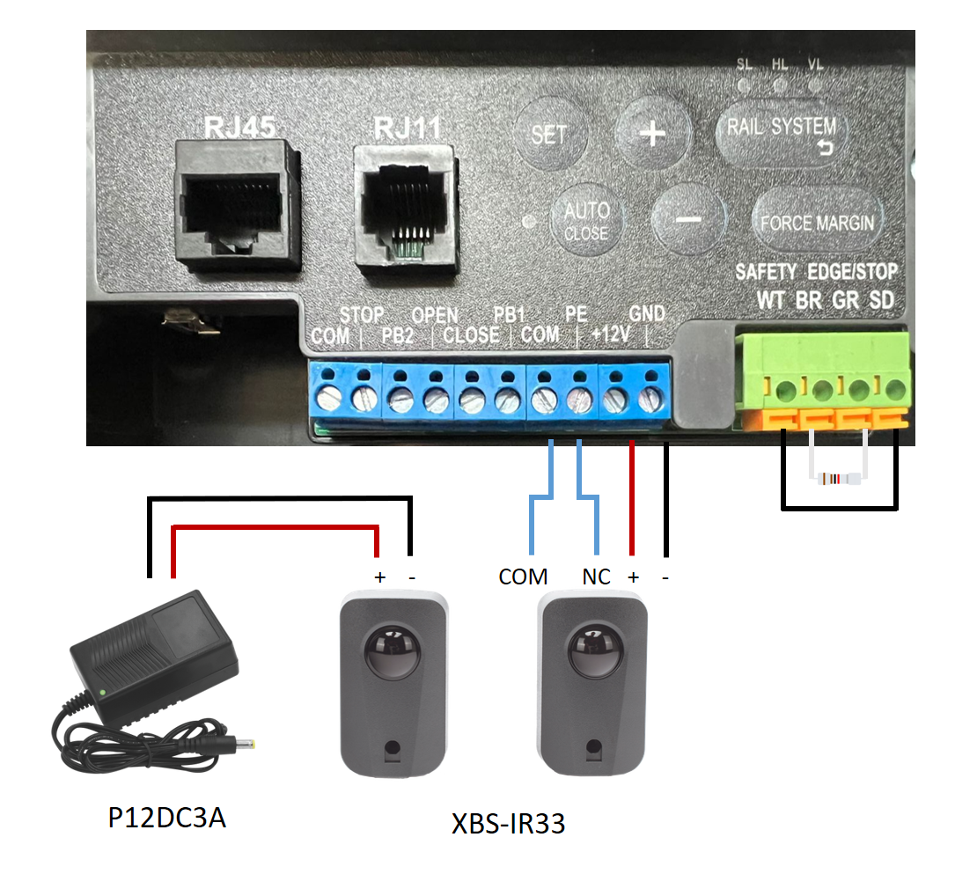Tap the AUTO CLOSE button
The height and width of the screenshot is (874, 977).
click(586, 220)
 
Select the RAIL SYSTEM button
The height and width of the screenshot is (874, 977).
click(782, 133)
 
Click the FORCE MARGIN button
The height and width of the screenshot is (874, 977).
click(818, 221)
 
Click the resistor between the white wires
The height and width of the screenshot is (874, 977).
click(838, 479)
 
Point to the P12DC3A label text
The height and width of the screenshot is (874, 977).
click(166, 818)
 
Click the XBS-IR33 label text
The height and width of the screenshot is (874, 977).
click(508, 824)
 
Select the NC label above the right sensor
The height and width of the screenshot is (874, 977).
click(596, 577)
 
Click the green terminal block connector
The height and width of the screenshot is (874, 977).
click(822, 381)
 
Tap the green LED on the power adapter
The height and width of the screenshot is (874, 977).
click(102, 692)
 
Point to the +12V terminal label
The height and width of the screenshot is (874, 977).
click(611, 334)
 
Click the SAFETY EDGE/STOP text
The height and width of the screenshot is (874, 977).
click(816, 272)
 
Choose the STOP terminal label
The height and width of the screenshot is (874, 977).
click(362, 314)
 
